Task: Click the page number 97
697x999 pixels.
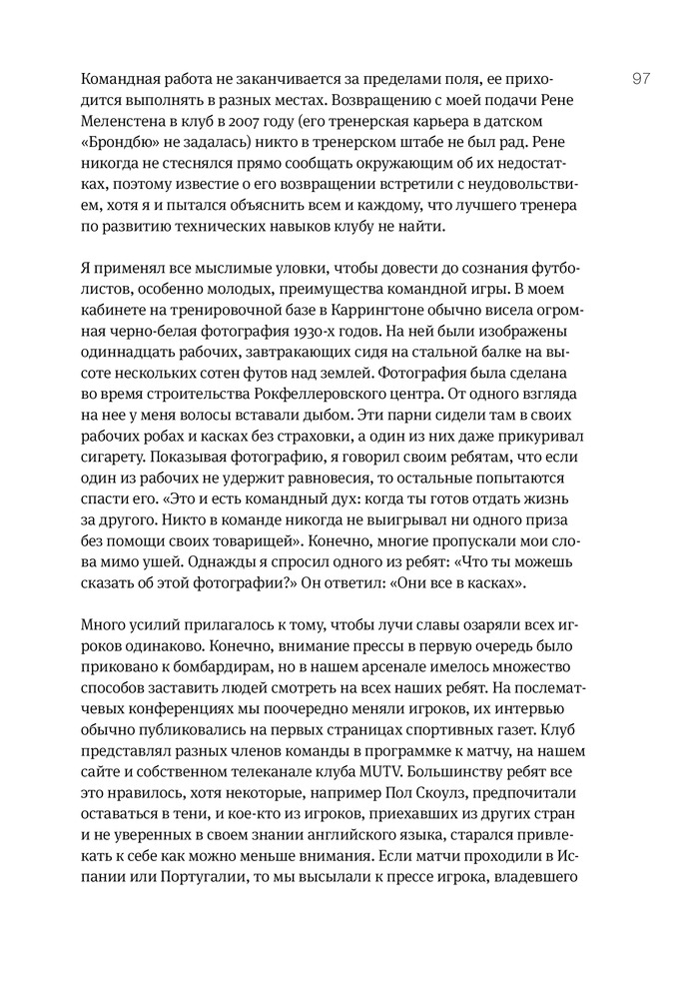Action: pyautogui.click(x=640, y=79)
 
